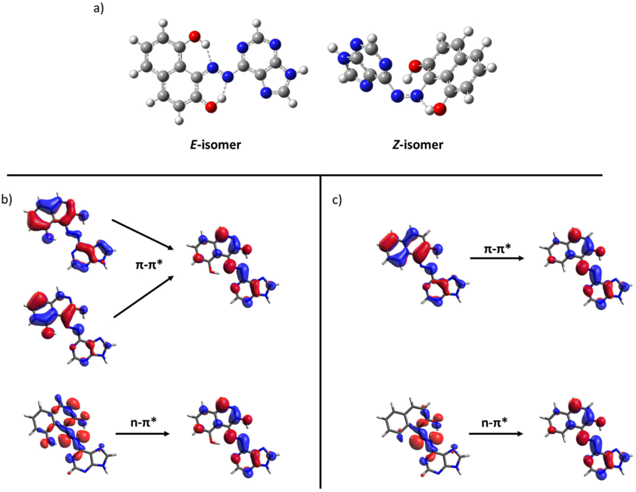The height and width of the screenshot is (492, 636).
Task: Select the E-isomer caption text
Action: [215, 145]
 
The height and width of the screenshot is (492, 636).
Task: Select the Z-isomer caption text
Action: [418, 145]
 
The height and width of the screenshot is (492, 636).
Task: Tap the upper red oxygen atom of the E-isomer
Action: [195, 37]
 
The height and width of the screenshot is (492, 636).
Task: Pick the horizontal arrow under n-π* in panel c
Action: [496, 434]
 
